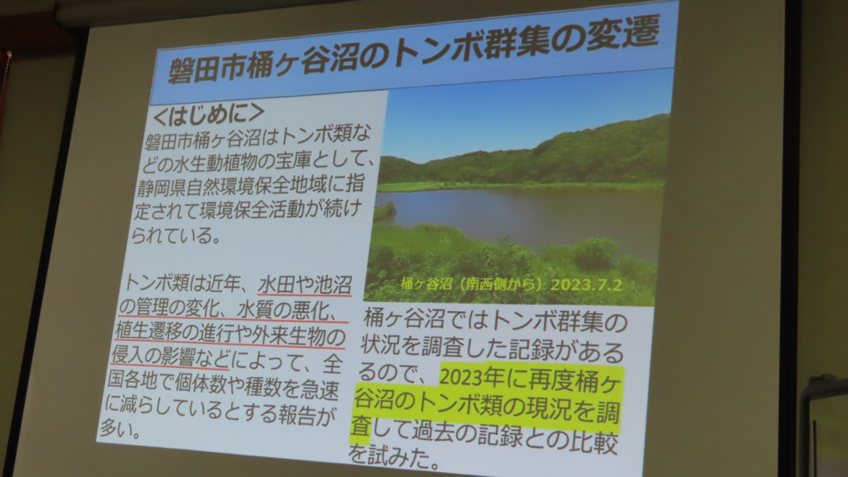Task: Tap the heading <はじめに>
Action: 208,114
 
